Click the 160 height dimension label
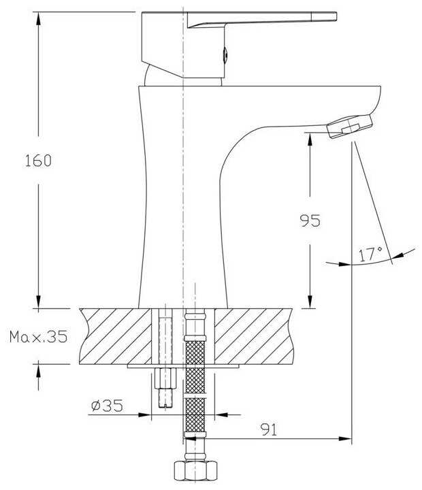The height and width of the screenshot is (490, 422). point(38,161)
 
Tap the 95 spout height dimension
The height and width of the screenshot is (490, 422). point(310,220)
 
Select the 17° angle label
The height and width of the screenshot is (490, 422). point(370,254)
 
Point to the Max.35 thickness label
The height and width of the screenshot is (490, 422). point(38,337)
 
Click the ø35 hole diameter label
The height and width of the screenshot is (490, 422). point(108,406)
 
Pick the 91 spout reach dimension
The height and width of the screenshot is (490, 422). point(269,429)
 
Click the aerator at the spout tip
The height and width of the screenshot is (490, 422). point(350,127)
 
